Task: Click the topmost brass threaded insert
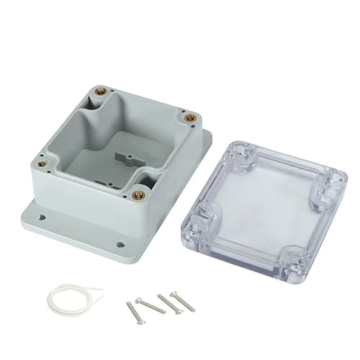click(98, 91)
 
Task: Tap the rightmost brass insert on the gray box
click(190, 114)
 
